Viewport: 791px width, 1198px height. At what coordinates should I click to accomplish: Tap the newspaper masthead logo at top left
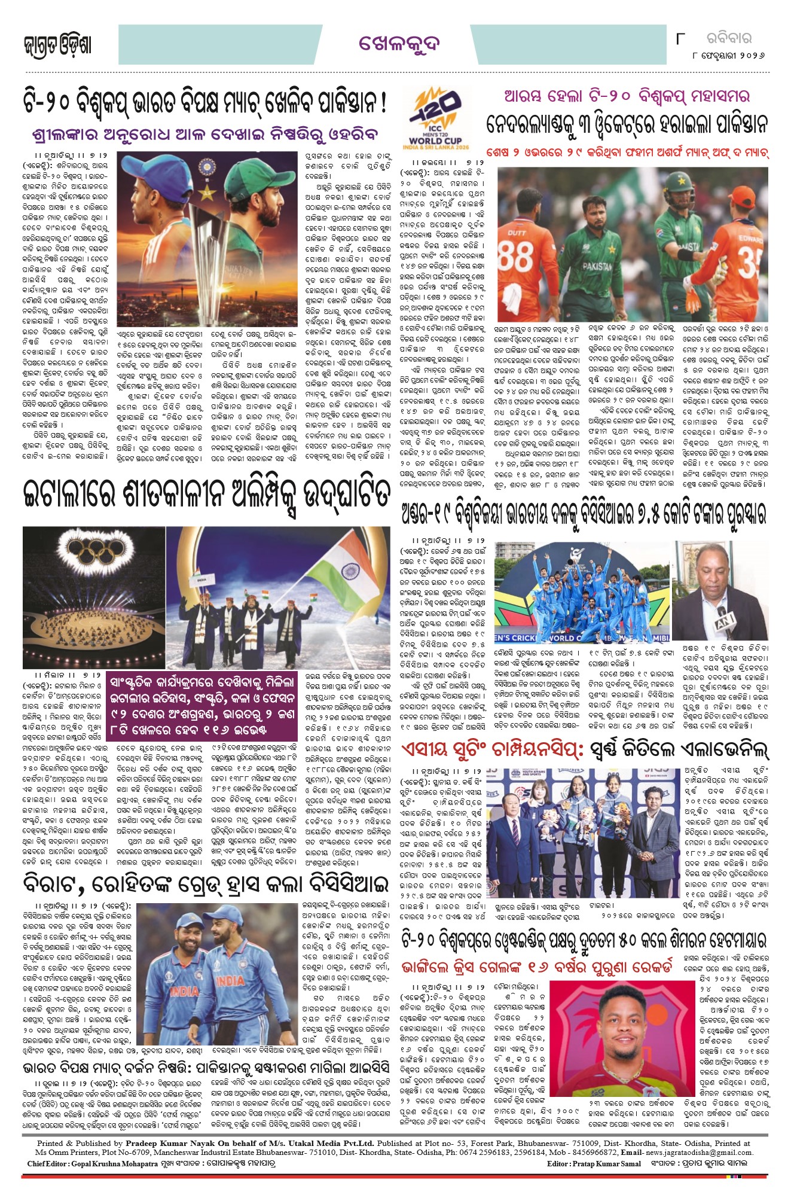click(x=57, y=45)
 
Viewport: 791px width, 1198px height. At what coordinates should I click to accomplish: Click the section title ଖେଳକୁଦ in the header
click(x=399, y=44)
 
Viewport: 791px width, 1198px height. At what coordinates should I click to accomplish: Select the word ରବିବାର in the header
click(x=729, y=39)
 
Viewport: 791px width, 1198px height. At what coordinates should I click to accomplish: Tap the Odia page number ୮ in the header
click(x=680, y=39)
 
